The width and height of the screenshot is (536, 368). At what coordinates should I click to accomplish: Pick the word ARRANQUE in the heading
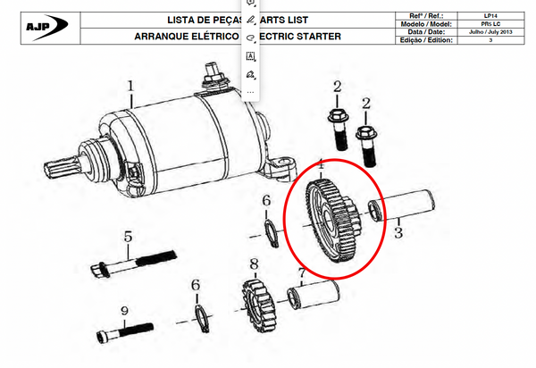[x=170, y=37]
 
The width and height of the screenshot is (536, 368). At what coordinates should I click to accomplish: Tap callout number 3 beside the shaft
[x=398, y=232]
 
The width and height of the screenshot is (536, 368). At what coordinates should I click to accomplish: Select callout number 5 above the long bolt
[x=128, y=238]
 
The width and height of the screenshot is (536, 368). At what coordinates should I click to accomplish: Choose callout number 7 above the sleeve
[x=302, y=272]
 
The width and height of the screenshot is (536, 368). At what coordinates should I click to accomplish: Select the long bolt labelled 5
[x=134, y=264]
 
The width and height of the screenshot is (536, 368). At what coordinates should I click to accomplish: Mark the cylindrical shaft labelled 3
[x=411, y=205]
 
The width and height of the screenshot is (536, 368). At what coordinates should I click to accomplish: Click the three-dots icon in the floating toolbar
[x=250, y=91]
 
